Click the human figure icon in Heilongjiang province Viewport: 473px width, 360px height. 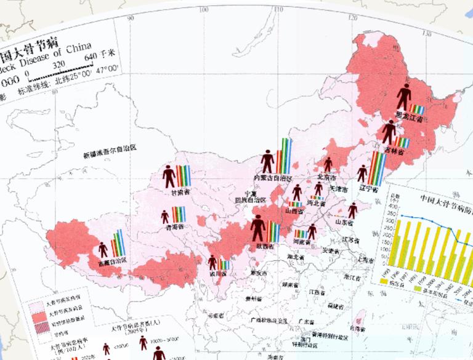[x=403, y=97]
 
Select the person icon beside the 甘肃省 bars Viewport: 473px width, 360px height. [x=169, y=177]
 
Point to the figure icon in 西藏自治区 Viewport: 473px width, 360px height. [x=103, y=249]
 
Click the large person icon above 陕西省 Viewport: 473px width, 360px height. [x=258, y=230]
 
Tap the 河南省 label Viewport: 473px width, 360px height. [x=303, y=242]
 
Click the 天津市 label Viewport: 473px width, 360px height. [x=341, y=190]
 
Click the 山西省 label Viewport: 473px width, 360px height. [x=294, y=210]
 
